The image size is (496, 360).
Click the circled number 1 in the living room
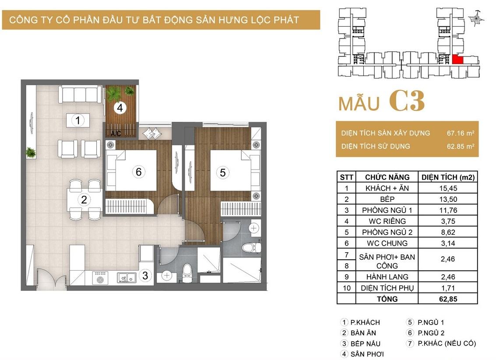point(78,120)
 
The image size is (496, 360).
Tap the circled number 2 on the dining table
point(84,200)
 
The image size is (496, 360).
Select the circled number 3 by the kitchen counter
point(145,275)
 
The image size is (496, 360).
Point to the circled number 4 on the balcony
point(120,108)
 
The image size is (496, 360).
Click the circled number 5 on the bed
point(223,173)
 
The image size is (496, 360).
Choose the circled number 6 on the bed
point(138,172)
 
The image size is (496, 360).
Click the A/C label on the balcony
point(116,134)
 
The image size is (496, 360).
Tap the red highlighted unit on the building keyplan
point(457,60)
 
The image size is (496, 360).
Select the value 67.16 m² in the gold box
point(460,133)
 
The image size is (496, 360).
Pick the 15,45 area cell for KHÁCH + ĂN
point(448,188)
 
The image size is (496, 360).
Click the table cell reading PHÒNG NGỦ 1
point(387,210)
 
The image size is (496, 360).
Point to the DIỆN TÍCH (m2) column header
point(448,177)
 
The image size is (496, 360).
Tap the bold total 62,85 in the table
point(448,299)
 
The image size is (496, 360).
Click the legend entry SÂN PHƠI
point(367,354)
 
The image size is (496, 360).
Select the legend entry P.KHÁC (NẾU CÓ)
point(447,343)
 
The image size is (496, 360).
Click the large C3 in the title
point(407,101)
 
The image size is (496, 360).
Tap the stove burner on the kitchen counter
point(100,277)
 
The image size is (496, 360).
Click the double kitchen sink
point(127,278)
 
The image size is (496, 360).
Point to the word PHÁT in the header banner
point(286,20)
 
